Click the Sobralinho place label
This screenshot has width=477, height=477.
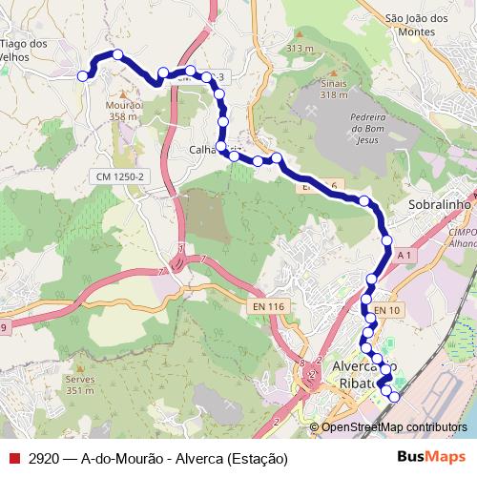point(440,204)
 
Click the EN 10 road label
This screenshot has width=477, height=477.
point(387,310)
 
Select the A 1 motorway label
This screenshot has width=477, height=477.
point(404,256)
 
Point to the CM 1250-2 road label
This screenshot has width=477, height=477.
point(120,177)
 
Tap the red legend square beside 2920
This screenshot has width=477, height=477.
point(13,458)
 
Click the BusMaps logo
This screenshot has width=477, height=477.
point(431,457)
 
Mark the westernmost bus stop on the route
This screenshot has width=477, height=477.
point(83,75)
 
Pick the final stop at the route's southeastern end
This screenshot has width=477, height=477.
point(394,395)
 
